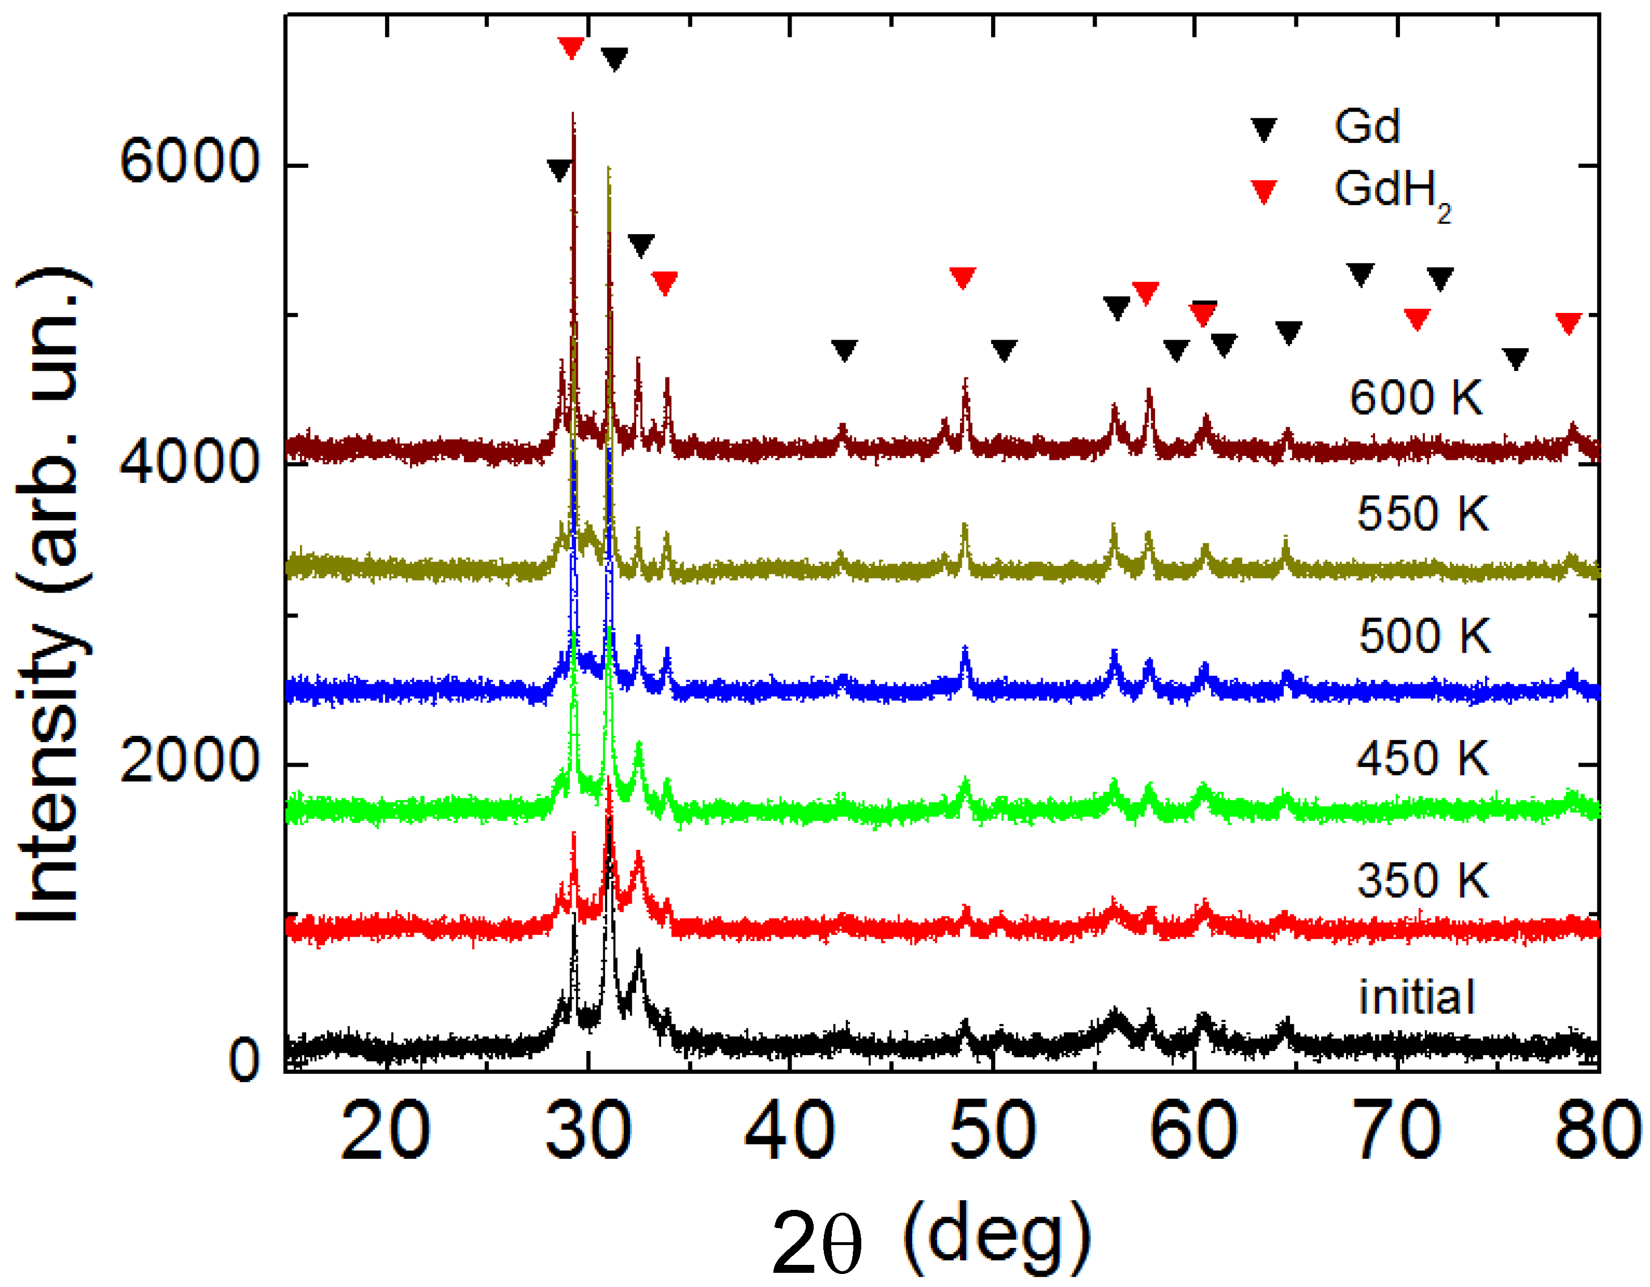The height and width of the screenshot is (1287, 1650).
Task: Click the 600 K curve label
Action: (1416, 397)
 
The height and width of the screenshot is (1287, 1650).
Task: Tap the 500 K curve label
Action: (1424, 636)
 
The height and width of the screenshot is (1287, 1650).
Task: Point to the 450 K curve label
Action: (1422, 757)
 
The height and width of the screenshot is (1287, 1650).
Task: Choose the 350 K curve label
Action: (1422, 880)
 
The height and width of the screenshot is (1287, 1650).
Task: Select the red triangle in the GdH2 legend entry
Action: (1264, 191)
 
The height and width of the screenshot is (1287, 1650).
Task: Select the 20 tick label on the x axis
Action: (386, 1131)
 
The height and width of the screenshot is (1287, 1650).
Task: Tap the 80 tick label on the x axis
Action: (1598, 1131)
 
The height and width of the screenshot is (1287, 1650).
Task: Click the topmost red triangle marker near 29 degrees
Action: (571, 48)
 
